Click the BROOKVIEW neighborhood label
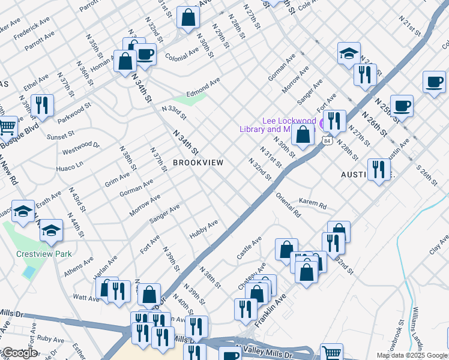coord(198,163)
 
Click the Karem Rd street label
coord(312,203)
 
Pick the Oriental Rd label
coord(288,205)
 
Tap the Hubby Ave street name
coord(204,230)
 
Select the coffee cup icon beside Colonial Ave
coord(145,54)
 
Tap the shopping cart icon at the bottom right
coord(331,353)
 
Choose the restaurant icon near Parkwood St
coord(41,105)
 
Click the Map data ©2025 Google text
coord(411,355)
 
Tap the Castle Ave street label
coord(249,248)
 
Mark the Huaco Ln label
coord(71,163)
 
